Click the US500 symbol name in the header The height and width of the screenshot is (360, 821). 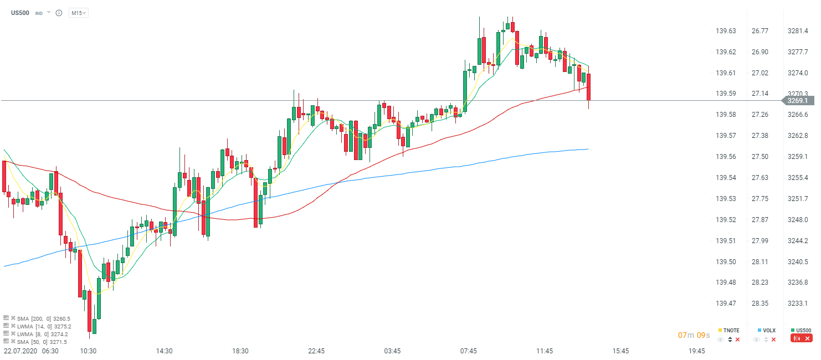click(x=20, y=12)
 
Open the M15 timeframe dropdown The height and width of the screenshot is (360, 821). click(x=78, y=13)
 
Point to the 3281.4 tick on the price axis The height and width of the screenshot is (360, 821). click(x=797, y=31)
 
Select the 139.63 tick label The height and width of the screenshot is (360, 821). click(x=726, y=31)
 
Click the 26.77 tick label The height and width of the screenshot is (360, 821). click(x=760, y=31)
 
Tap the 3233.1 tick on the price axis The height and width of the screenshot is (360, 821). click(x=797, y=304)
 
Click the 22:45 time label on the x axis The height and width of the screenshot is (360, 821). click(x=316, y=351)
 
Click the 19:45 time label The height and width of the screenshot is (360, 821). click(x=696, y=351)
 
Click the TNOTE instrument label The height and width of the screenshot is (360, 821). click(x=731, y=331)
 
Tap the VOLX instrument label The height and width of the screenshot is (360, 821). click(x=769, y=331)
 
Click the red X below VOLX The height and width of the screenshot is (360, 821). click(x=773, y=340)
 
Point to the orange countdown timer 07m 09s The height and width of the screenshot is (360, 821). click(x=694, y=336)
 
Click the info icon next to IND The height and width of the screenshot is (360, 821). click(x=59, y=13)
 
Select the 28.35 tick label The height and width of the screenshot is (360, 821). click(x=760, y=304)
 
